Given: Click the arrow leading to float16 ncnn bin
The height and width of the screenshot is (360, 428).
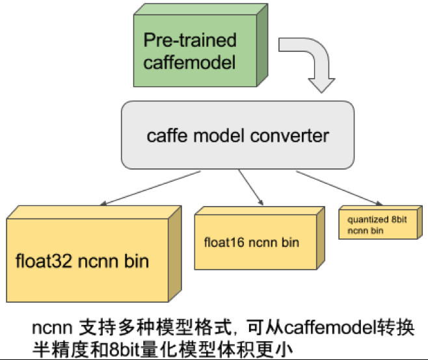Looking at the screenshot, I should click(250, 186).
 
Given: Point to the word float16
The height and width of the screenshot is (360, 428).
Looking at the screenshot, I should click(222, 243).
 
